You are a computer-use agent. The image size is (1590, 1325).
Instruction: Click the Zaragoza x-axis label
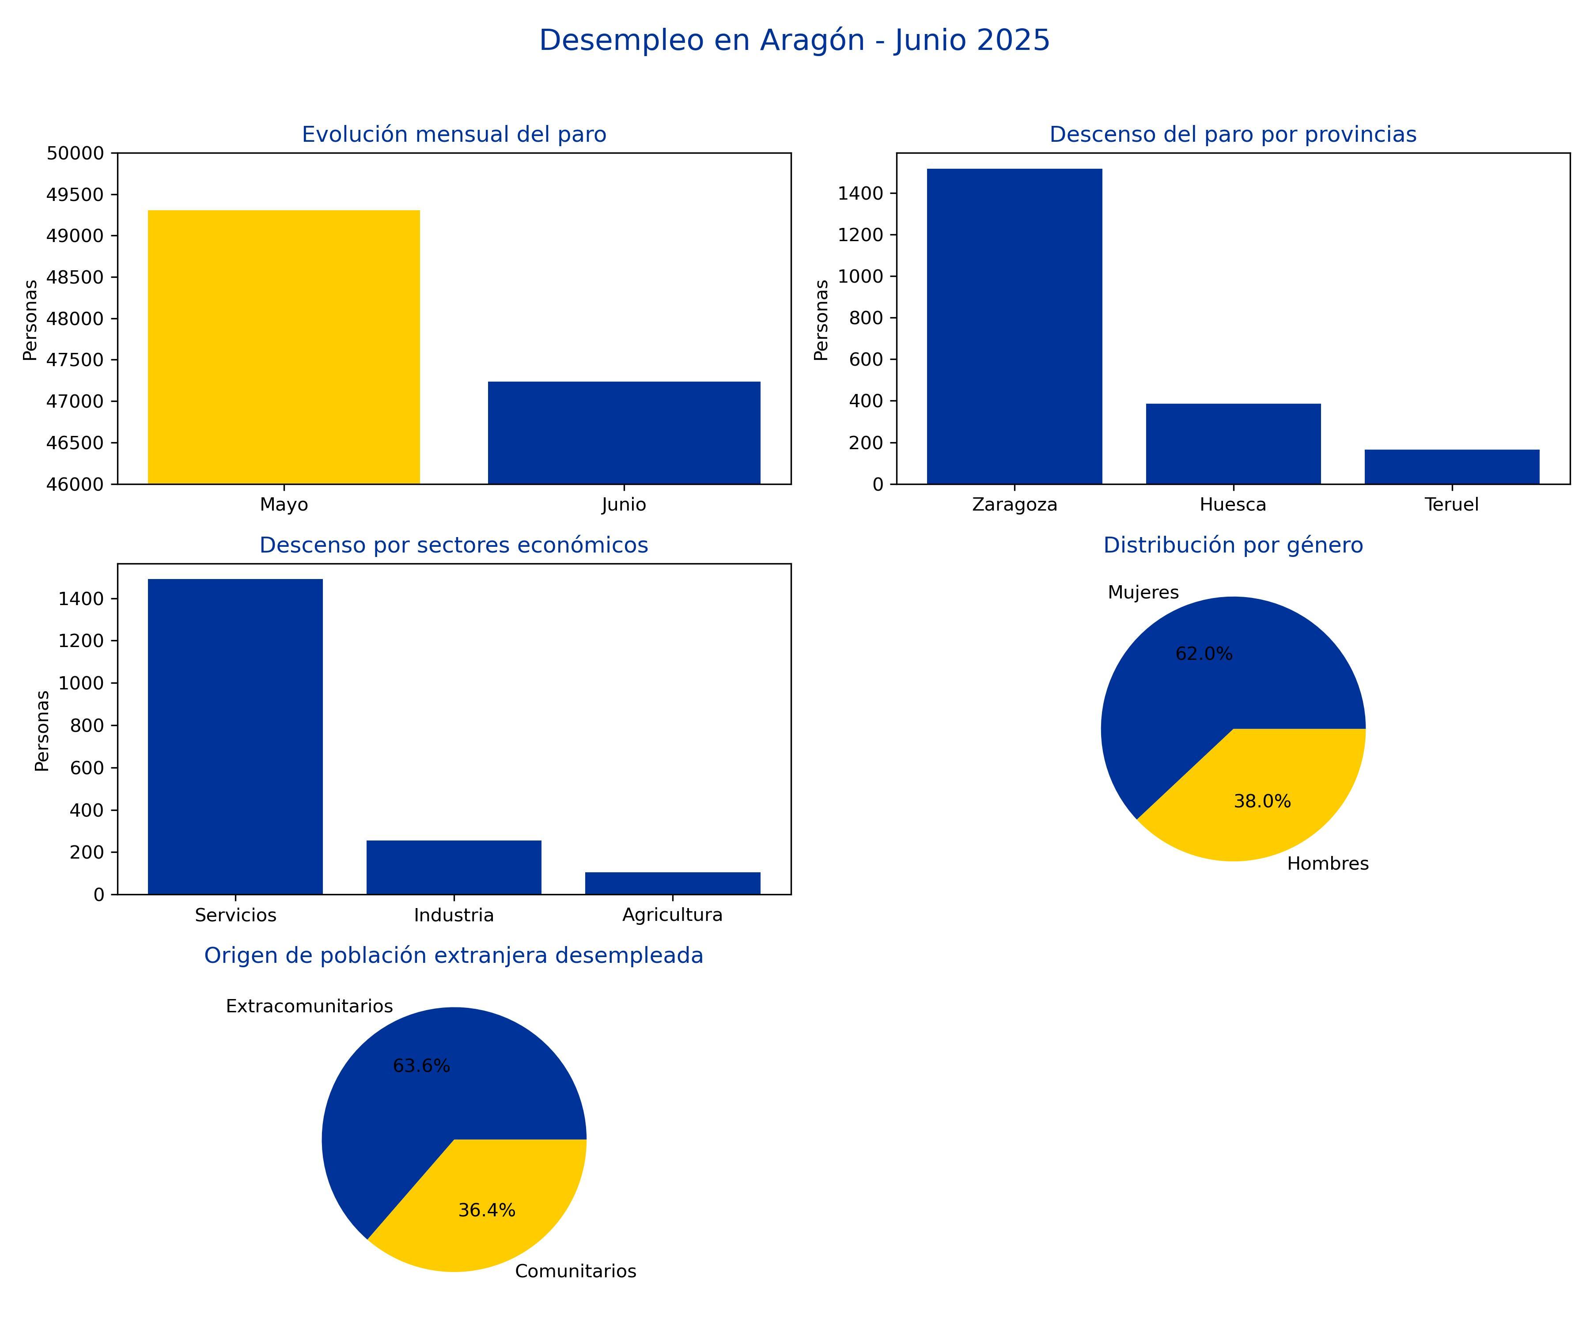coord(1015,505)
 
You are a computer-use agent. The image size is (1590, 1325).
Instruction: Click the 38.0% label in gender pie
coord(1262,802)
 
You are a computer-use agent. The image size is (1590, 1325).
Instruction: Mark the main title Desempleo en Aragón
coord(794,40)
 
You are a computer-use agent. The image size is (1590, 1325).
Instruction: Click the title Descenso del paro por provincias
coord(1233,135)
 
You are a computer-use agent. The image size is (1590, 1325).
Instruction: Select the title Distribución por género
coord(1233,545)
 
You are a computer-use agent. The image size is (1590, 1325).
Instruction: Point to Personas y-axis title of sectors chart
coord(42,731)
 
